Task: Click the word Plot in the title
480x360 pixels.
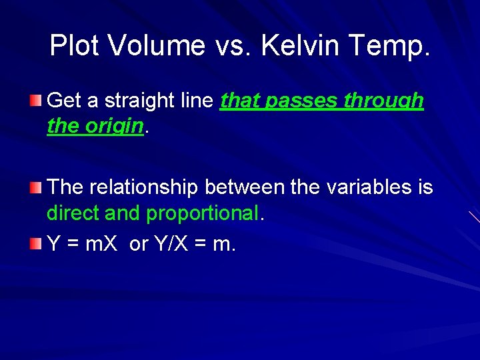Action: point(75,45)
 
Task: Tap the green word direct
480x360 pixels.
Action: point(71,213)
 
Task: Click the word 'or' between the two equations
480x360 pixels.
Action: point(139,245)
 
